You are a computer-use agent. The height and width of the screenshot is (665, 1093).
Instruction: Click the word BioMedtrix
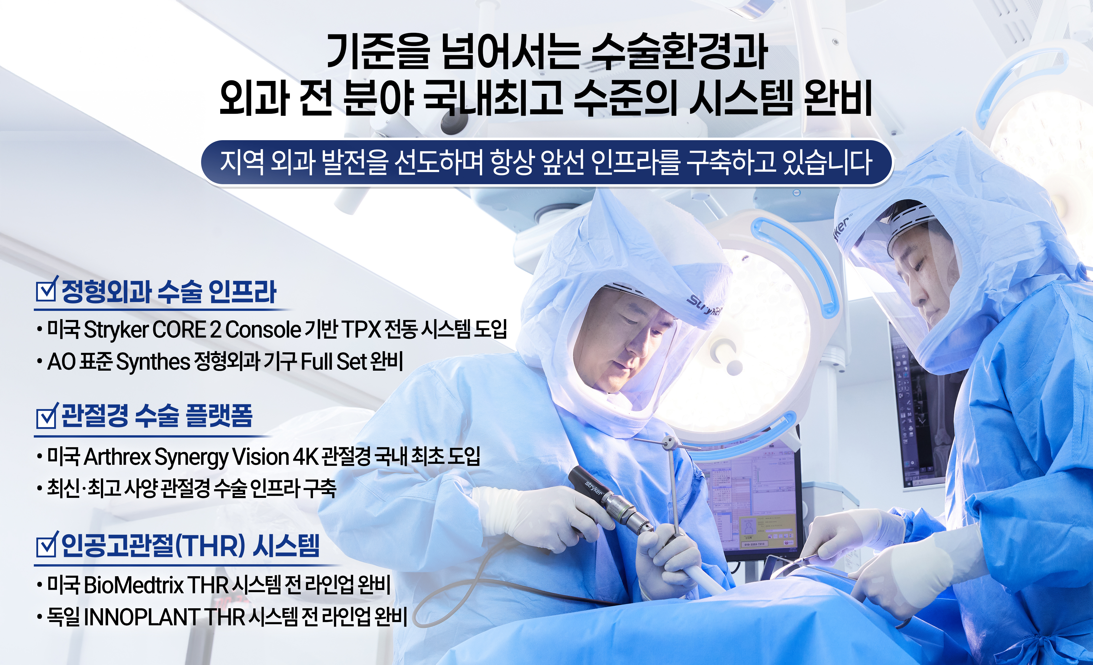[x=133, y=585]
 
